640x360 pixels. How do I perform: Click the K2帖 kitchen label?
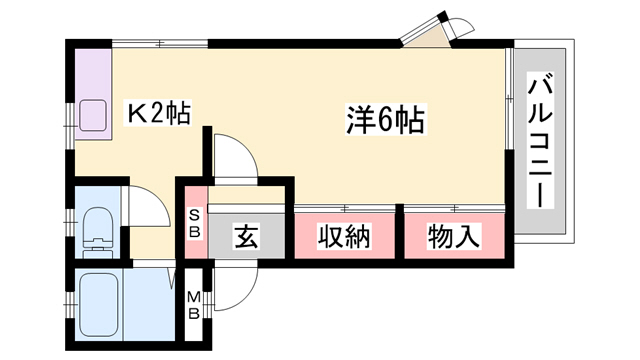click(x=158, y=114)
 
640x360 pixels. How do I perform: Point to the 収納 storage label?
click(x=345, y=237)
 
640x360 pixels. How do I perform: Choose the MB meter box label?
click(x=195, y=302)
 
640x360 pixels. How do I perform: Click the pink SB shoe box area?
click(x=195, y=225)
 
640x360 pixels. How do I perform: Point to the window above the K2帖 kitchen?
click(x=160, y=44)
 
